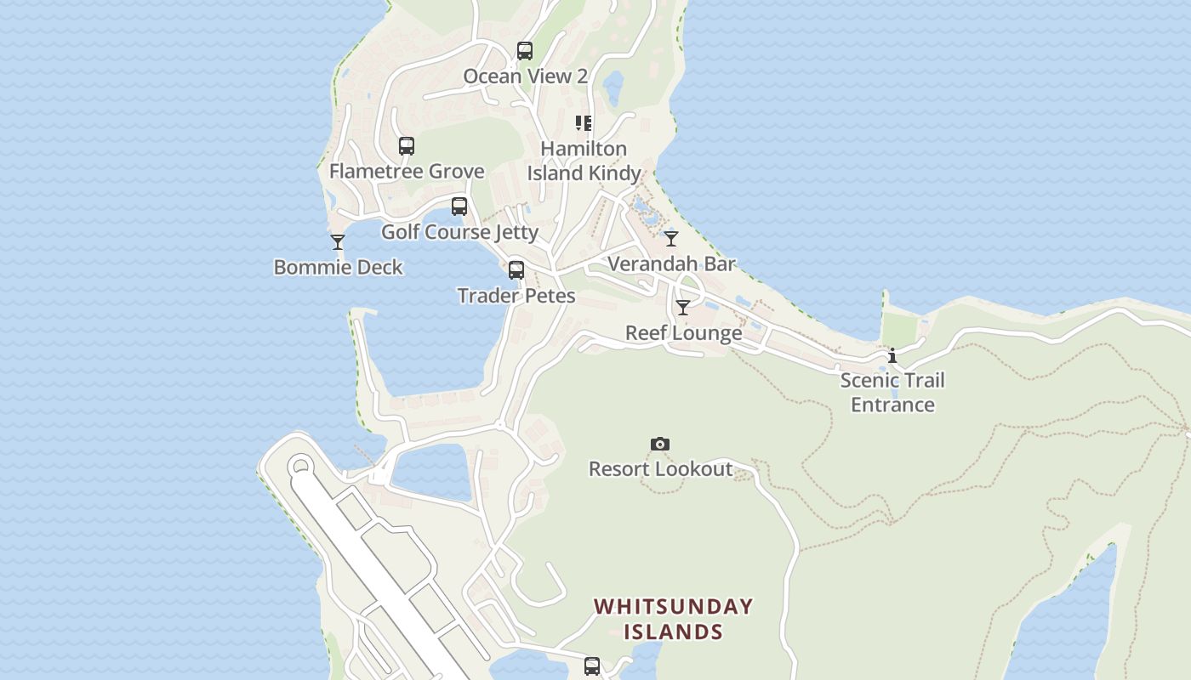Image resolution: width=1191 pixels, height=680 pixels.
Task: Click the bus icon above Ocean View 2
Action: tap(525, 51)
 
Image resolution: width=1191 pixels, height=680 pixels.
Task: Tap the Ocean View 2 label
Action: tap(525, 76)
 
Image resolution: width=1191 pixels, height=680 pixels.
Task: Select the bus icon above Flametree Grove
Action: tap(407, 146)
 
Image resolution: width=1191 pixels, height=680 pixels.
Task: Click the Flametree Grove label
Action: tap(407, 172)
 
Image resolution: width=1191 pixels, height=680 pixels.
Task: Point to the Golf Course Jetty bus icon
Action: tap(459, 207)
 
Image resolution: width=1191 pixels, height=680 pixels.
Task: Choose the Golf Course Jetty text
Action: tap(459, 232)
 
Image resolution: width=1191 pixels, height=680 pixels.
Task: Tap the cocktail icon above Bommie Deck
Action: tap(338, 242)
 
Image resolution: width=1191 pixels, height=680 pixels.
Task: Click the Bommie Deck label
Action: tap(338, 268)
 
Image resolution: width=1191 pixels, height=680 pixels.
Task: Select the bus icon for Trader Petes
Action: tap(516, 270)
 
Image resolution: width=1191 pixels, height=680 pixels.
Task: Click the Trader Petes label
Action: tap(516, 296)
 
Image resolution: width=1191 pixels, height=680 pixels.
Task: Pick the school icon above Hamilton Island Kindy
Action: tap(584, 123)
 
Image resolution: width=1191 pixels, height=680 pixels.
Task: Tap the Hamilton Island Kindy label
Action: tap(584, 161)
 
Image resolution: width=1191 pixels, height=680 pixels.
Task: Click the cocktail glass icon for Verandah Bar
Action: tap(671, 239)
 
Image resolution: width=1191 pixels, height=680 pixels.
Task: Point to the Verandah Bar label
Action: tap(671, 264)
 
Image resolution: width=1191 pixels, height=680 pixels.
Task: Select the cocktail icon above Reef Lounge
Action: tap(683, 308)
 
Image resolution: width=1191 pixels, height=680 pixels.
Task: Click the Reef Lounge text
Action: tap(683, 333)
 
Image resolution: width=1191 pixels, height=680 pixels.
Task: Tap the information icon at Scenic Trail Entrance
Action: tap(892, 355)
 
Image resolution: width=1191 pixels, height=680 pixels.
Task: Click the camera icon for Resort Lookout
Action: tap(660, 444)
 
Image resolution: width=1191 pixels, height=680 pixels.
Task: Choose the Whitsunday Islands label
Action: tap(673, 619)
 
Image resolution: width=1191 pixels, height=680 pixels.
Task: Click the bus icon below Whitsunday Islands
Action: tap(592, 666)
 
